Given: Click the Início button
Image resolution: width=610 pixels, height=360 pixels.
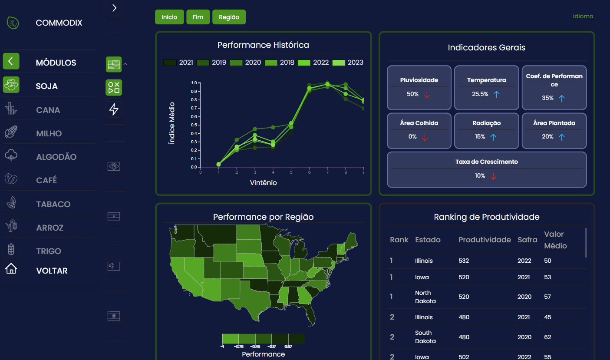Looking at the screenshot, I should pos(169,17).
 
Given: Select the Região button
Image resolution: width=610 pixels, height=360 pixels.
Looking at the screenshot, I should pos(229,17).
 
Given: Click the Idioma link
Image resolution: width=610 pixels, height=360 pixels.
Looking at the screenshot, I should pos(583,17).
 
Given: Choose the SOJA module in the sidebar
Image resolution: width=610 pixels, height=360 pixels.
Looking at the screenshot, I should pos(47,86).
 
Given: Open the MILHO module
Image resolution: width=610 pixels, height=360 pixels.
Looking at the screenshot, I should pos(49,133).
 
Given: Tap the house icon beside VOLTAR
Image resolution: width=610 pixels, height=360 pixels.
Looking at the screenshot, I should pos(11,269).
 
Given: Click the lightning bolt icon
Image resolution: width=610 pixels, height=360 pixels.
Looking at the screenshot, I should pos(114,109).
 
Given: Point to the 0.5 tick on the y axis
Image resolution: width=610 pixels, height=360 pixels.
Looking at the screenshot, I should pos(194,125).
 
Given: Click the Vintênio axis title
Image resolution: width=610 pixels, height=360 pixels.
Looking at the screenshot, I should pos(263,183).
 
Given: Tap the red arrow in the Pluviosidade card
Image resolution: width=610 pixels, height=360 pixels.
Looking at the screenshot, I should pos(427,94).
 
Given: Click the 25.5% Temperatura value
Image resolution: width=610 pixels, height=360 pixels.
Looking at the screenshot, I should pos(480,94).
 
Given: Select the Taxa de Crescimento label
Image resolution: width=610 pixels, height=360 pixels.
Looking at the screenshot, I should pos(486,162).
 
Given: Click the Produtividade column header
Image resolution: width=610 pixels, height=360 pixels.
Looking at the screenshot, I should pos(485,240).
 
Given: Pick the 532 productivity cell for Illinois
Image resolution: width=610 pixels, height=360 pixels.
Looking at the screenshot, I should pos(464,261).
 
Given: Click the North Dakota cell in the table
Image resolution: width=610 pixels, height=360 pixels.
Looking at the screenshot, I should pos(425,297).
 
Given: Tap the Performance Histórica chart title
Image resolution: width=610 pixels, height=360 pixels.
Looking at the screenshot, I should pos(263,45).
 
